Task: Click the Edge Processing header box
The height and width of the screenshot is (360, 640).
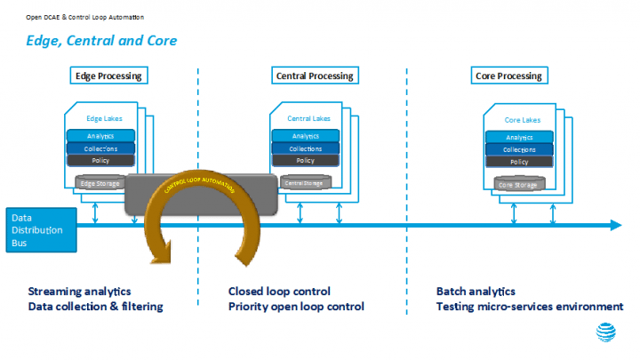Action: coord(108,76)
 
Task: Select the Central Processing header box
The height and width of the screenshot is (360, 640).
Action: coord(312,76)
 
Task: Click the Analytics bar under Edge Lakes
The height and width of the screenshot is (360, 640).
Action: coord(101,136)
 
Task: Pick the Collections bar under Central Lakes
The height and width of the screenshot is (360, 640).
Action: coord(305,148)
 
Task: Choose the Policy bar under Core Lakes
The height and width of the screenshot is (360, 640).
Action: coord(519,162)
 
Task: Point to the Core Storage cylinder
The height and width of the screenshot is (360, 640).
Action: coord(518,184)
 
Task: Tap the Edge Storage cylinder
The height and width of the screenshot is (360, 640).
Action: coord(100,183)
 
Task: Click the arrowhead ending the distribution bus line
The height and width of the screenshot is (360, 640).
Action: coord(615,226)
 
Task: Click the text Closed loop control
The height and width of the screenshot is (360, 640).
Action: coord(279,292)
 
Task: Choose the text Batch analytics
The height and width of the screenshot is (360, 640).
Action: coord(476,292)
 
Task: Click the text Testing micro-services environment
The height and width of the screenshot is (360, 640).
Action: coord(530,307)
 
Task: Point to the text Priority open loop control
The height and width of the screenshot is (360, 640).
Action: coord(296,307)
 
